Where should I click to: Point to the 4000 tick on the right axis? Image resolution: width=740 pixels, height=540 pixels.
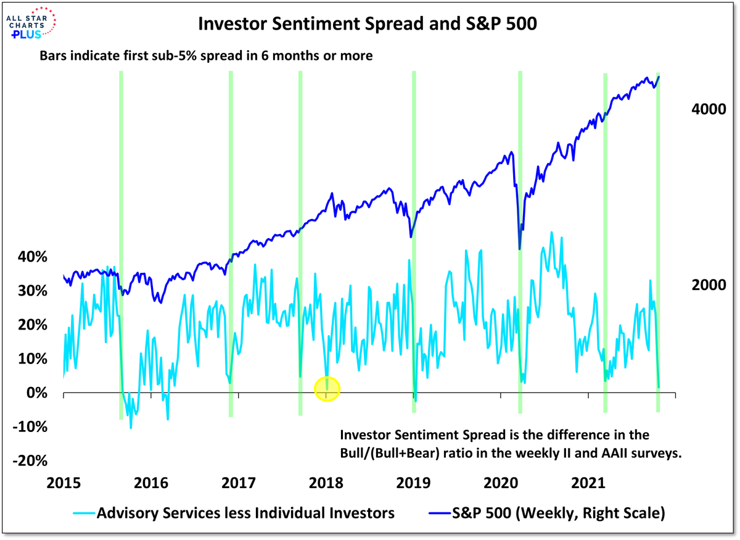tap(703, 109)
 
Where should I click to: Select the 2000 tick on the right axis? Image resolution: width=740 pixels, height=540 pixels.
tap(703, 286)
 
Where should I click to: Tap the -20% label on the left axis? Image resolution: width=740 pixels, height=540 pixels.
tap(28, 462)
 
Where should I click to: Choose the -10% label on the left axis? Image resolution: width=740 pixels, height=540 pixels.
tap(28, 427)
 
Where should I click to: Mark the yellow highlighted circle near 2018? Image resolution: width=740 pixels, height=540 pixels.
tap(327, 388)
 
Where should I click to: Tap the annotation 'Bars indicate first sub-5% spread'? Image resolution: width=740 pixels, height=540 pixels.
tap(207, 56)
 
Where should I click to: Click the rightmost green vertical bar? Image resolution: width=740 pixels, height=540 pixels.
tap(658, 247)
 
